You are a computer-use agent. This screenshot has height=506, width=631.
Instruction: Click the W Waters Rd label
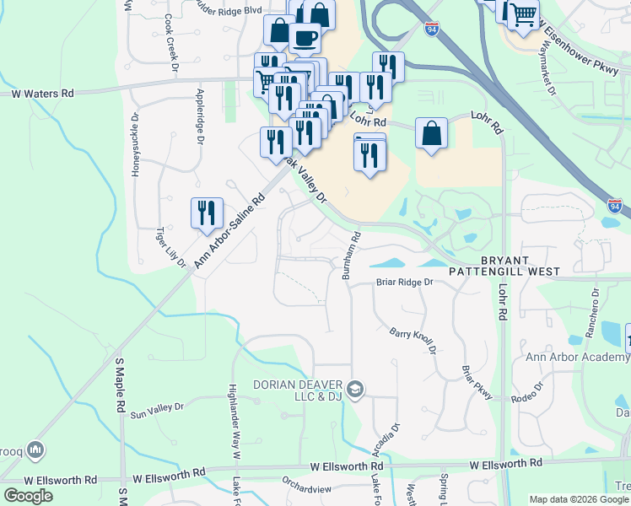pyautogui.click(x=43, y=94)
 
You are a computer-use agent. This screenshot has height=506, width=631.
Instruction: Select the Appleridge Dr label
pyautogui.click(x=200, y=116)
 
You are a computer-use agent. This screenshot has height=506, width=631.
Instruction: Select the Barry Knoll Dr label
pyautogui.click(x=413, y=341)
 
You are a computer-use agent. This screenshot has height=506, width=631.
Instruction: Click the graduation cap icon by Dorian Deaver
pyautogui.click(x=356, y=389)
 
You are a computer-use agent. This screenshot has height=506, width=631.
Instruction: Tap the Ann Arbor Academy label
pyautogui.click(x=578, y=357)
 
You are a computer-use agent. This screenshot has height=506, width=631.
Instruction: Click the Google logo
pyautogui.click(x=28, y=496)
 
